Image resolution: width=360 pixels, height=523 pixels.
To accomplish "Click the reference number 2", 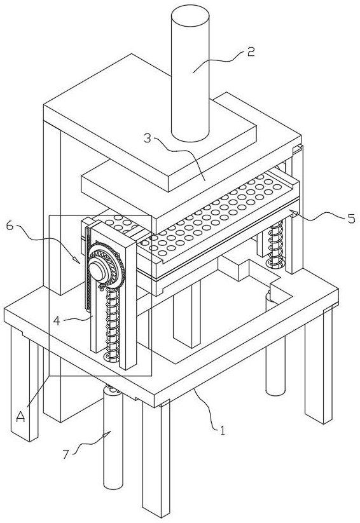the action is click(251, 51).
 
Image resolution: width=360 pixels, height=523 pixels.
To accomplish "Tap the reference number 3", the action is click(148, 138).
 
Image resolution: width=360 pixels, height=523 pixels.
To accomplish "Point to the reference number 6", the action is click(10, 226).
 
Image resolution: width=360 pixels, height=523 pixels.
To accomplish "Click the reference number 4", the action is click(57, 321).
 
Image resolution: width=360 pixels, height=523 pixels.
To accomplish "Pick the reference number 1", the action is click(222, 430).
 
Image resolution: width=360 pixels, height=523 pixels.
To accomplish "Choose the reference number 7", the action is click(66, 454).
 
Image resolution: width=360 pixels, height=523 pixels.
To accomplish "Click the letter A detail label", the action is click(21, 416).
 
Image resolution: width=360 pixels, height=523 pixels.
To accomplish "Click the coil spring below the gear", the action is click(112, 323).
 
